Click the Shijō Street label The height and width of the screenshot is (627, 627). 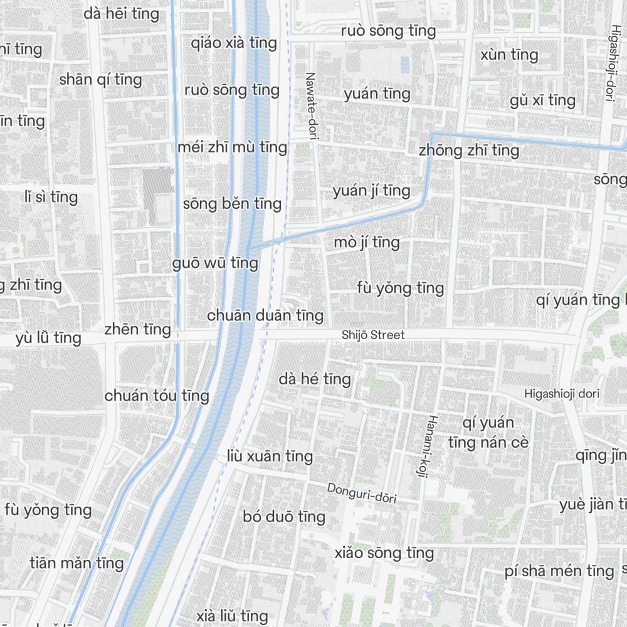(x=373, y=335)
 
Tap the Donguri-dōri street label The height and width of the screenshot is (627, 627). (x=362, y=493)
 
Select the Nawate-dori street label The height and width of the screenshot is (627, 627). (x=310, y=105)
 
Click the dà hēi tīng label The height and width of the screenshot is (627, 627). (x=122, y=13)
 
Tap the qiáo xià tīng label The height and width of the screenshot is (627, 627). (x=234, y=43)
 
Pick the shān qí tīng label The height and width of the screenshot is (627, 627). (x=100, y=80)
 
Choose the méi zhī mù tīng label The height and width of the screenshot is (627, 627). (x=232, y=148)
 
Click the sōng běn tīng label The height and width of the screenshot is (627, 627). (x=232, y=204)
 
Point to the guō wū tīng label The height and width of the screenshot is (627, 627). (x=215, y=263)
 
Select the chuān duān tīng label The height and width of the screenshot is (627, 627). (x=265, y=315)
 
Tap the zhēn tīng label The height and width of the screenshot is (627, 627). (x=137, y=329)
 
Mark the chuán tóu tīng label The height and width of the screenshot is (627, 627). (x=157, y=396)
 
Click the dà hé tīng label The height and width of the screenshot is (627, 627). (x=315, y=379)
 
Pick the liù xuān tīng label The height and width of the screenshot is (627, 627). (x=270, y=456)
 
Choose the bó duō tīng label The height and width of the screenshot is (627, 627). (x=284, y=517)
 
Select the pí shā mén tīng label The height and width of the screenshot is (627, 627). (x=559, y=571)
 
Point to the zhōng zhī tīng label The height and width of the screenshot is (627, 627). (x=468, y=150)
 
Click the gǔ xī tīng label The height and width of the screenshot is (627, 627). (x=542, y=100)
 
